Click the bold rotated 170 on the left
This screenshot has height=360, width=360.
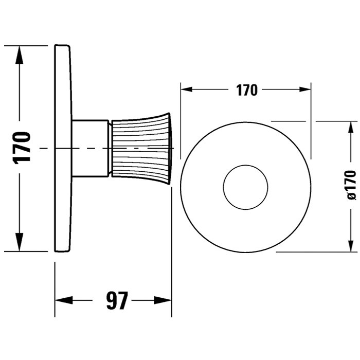point(22,148)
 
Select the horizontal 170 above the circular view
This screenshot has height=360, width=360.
point(246,90)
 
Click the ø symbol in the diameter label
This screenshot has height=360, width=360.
point(351,196)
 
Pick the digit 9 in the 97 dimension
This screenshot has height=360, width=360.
point(111,300)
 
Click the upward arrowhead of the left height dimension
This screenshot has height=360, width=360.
point(19,55)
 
